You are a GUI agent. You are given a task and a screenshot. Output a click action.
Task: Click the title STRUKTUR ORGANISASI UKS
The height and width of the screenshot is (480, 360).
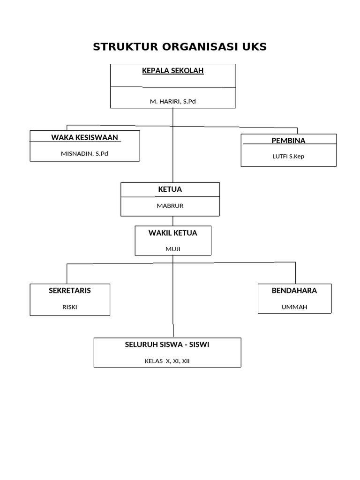click(x=180, y=46)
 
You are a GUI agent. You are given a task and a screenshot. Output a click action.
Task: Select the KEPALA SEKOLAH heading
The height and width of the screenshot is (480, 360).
click(x=173, y=71)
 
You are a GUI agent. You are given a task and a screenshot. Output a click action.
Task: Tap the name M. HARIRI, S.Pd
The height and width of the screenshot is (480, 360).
click(x=173, y=101)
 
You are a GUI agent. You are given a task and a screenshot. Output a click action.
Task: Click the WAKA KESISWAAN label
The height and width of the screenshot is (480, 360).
click(x=85, y=137)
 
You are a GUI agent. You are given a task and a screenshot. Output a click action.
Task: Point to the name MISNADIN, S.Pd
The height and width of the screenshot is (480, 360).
click(x=84, y=153)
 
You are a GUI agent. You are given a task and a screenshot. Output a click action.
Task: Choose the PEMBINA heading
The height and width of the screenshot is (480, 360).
click(x=288, y=141)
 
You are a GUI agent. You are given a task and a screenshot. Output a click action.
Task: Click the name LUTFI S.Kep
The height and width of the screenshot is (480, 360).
click(x=288, y=156)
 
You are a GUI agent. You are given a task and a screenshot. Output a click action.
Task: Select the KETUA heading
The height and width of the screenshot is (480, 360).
click(x=170, y=189)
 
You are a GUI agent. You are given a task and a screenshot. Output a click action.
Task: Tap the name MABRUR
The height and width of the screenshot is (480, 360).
click(x=170, y=205)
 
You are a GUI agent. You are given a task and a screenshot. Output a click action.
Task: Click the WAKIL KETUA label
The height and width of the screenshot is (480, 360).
click(x=173, y=233)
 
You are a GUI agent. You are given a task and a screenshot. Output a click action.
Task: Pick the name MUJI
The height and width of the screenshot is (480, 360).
click(x=173, y=249)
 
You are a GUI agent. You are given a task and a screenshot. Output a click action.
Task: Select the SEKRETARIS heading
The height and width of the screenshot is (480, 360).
click(x=70, y=291)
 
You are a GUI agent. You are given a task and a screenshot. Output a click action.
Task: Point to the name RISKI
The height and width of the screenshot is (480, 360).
click(x=70, y=307)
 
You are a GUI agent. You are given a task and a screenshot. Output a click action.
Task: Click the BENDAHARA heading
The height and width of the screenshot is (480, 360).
click(x=294, y=291)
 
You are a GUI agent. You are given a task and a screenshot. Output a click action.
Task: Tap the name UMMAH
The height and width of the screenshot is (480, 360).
click(x=294, y=307)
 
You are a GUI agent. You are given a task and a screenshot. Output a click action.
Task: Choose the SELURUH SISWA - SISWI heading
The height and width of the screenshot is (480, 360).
click(x=167, y=345)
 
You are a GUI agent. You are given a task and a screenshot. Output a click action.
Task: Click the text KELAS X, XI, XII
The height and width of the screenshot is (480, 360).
click(x=167, y=361)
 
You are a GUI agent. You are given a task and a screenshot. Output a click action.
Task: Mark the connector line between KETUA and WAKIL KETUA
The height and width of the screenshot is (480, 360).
click(x=173, y=221)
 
